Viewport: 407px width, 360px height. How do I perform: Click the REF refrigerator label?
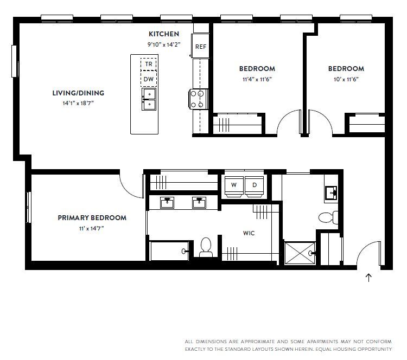point(201,47)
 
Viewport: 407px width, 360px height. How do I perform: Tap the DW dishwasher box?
point(149,79)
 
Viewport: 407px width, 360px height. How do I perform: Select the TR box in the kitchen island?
point(149,64)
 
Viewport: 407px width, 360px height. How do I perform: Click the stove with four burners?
point(199,99)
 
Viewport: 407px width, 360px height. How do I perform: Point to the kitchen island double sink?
point(149,99)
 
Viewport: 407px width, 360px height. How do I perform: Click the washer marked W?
point(234,185)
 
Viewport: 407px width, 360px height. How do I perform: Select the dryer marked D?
point(255,185)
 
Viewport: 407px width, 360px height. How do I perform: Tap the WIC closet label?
point(249,233)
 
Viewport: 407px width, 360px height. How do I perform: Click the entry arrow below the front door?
point(368,278)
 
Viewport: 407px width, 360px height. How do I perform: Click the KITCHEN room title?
point(164,34)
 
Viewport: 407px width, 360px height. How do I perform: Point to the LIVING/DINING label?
point(78,93)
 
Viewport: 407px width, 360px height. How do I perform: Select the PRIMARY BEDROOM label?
point(92,217)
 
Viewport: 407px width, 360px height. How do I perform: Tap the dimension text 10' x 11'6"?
point(346,79)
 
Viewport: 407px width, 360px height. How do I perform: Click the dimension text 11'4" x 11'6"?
point(257,79)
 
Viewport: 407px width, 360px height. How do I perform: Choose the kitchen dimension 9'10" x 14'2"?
point(164,44)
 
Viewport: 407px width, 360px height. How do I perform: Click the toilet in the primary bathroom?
point(206,247)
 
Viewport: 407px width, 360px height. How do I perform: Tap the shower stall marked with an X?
point(300,253)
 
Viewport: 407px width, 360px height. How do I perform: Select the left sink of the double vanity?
point(167,203)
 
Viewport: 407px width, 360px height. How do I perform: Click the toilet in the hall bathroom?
point(328,217)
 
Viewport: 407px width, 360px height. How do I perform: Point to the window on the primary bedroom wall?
point(29,207)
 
